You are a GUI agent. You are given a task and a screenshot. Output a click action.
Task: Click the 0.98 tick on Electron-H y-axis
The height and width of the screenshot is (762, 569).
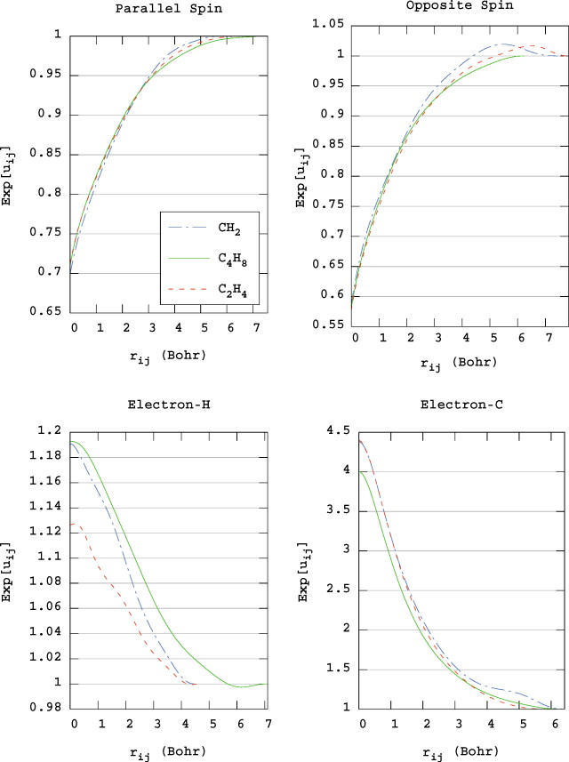click(48, 708)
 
